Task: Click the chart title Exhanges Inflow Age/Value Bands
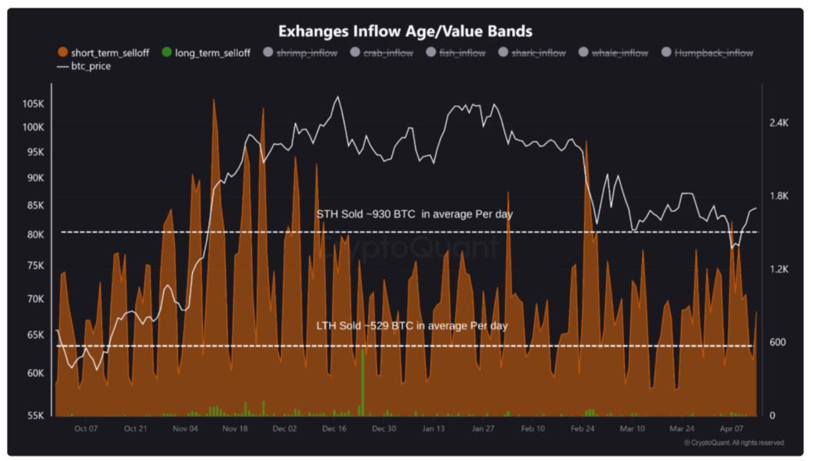(x=405, y=32)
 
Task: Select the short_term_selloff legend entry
(x=103, y=53)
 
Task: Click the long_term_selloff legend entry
(x=206, y=53)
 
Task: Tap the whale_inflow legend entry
(x=612, y=53)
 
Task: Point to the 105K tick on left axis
(x=33, y=104)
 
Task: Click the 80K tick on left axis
(x=35, y=234)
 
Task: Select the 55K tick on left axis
(x=35, y=415)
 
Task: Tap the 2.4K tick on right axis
(x=779, y=123)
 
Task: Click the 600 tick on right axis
(x=777, y=342)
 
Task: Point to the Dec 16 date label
(x=334, y=429)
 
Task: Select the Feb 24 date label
(x=583, y=429)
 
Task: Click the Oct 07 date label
(x=86, y=429)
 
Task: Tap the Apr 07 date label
(x=733, y=429)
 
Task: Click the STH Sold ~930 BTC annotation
(x=414, y=214)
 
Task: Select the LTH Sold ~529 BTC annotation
(x=412, y=326)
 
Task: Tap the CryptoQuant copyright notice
(x=734, y=443)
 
